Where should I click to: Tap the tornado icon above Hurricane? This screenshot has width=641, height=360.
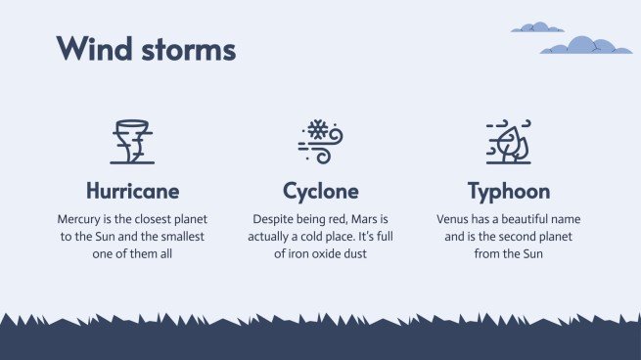(x=132, y=141)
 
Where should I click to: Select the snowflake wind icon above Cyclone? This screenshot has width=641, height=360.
(x=320, y=141)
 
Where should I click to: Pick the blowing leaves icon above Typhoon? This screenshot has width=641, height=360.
(x=508, y=141)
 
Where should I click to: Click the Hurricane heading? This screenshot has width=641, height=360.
(x=132, y=191)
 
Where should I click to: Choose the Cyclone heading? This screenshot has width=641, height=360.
(x=320, y=191)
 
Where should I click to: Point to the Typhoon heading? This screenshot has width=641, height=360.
(x=508, y=191)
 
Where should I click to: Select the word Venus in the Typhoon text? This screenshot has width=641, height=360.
(x=456, y=219)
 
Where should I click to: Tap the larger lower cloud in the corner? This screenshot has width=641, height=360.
(x=585, y=45)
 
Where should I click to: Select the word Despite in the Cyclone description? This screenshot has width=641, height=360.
(x=275, y=219)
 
